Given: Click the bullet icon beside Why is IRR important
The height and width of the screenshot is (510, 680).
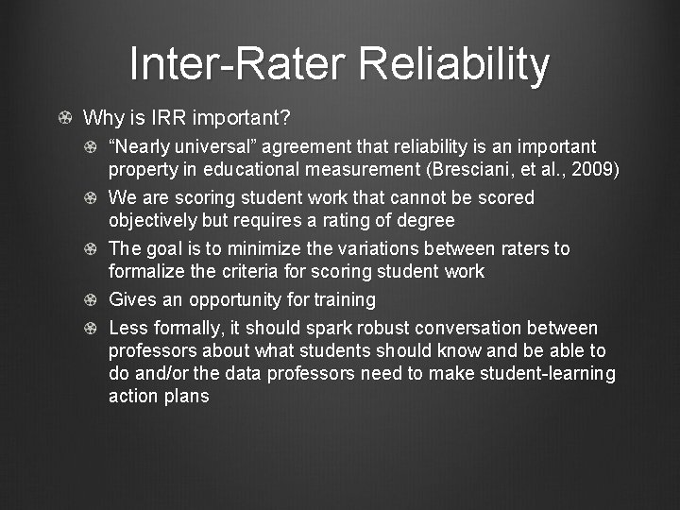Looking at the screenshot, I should click(x=62, y=119).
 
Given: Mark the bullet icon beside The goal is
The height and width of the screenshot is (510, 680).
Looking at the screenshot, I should click(x=89, y=249).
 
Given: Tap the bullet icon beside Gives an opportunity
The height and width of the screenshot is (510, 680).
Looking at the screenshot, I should click(x=89, y=300).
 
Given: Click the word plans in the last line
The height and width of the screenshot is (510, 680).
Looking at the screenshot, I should click(x=185, y=397).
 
